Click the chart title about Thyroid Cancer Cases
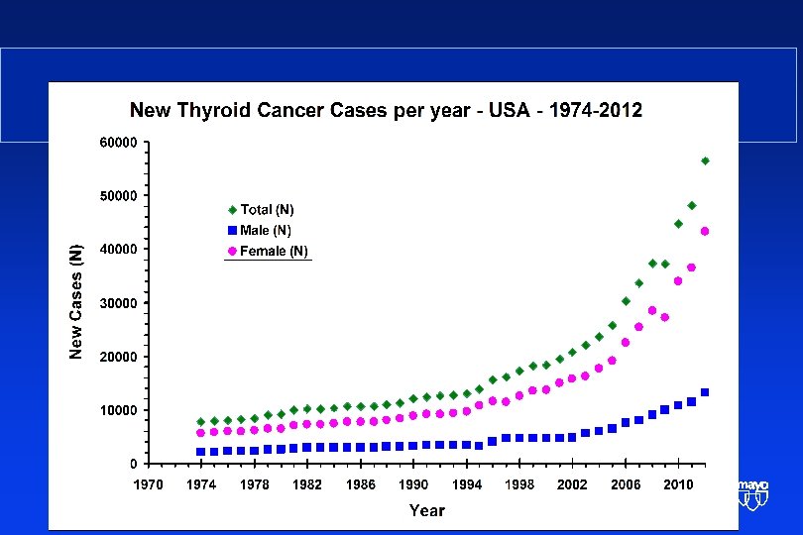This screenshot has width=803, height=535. [x=387, y=110]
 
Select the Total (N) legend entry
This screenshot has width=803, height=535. [x=266, y=210]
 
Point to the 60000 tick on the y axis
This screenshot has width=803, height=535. [x=119, y=143]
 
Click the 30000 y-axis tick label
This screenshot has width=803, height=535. [x=119, y=303]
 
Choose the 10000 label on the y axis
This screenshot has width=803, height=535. [x=119, y=410]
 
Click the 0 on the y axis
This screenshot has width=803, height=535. [x=134, y=464]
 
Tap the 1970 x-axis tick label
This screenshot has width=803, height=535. [x=148, y=484]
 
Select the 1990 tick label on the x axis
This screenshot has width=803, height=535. [x=413, y=484]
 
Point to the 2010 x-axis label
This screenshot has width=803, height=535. [x=678, y=484]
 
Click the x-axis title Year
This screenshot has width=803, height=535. [x=427, y=510]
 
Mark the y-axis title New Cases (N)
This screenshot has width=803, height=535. [x=77, y=301]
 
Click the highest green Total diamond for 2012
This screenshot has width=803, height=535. [x=705, y=160]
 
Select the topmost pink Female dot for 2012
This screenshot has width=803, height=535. [x=705, y=232]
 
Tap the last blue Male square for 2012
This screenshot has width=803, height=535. [x=705, y=392]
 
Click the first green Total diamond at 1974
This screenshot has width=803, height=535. [x=201, y=422]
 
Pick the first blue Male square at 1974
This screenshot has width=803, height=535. [x=201, y=452]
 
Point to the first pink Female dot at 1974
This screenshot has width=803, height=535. [x=201, y=433]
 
